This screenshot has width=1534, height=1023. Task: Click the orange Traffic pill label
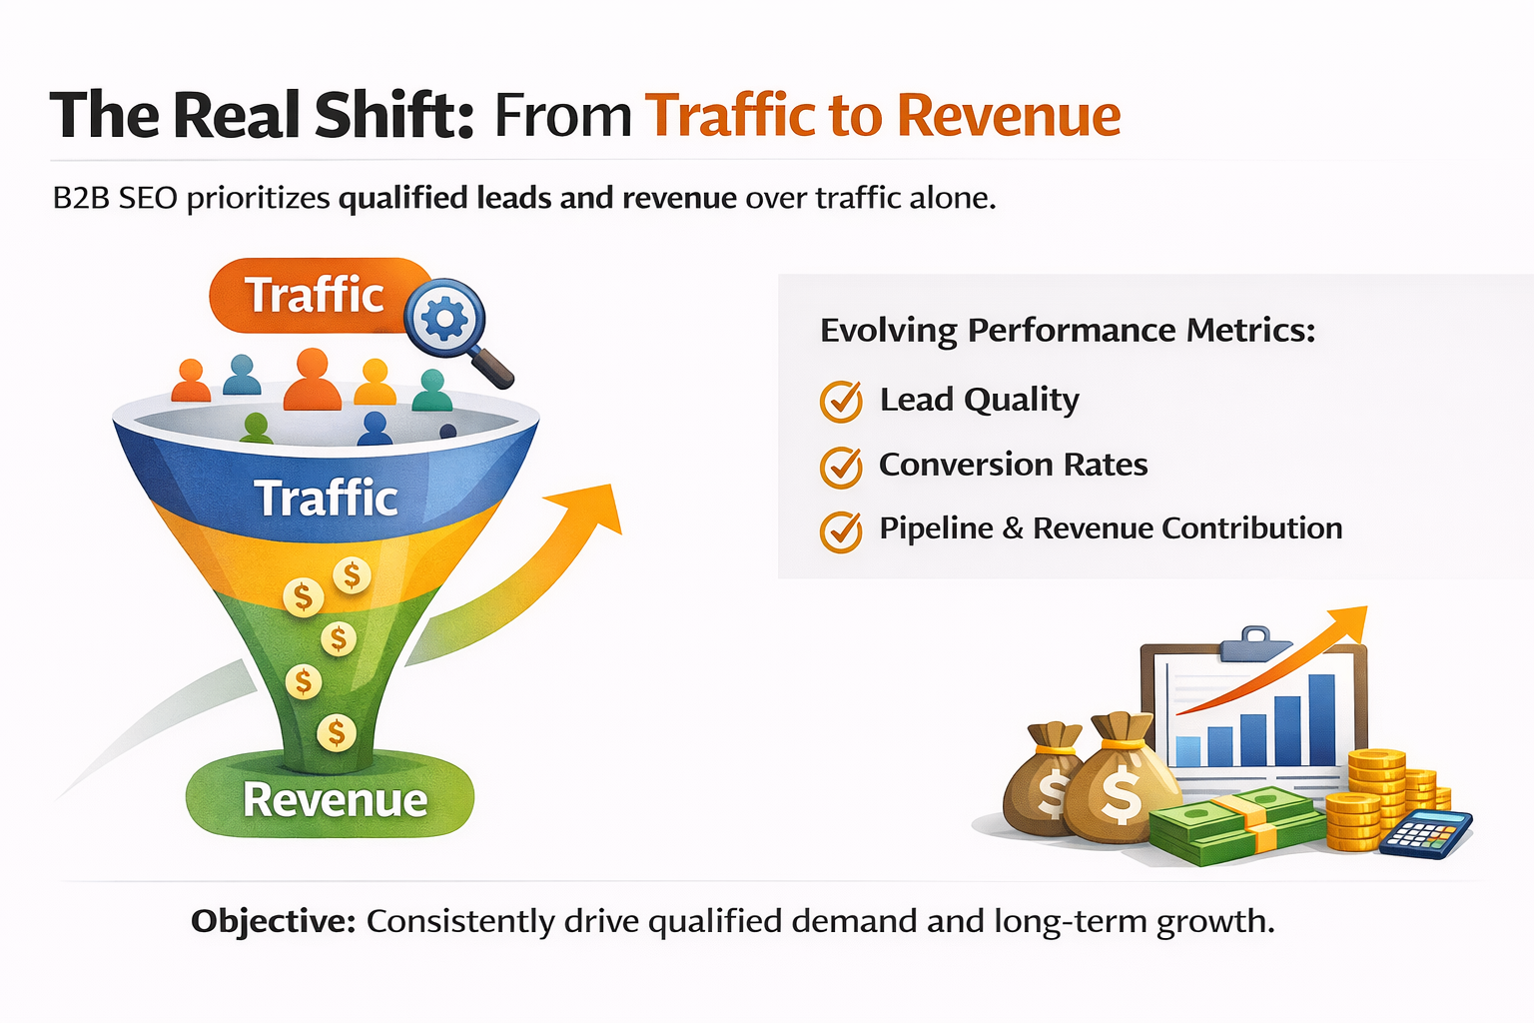tap(314, 296)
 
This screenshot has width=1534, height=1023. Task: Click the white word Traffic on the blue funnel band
tap(326, 499)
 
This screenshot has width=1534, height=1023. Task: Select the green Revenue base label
tap(334, 800)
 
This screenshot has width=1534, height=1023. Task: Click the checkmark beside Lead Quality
tap(841, 402)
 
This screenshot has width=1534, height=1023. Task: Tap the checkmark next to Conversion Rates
tap(841, 467)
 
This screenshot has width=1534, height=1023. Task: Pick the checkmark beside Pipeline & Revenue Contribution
tap(841, 530)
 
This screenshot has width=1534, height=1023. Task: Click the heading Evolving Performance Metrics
tap(1068, 331)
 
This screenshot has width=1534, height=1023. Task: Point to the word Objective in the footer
tap(273, 921)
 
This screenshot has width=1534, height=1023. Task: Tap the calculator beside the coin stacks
tap(1426, 833)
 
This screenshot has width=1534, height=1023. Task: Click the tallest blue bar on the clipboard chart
tap(1321, 719)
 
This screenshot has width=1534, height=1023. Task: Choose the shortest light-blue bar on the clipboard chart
tap(1188, 751)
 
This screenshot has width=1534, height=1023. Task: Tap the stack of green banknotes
tap(1232, 824)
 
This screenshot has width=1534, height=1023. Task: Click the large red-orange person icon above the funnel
tap(313, 380)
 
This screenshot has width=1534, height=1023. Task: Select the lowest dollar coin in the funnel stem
tap(337, 732)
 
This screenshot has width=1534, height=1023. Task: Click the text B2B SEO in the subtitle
tap(115, 198)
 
